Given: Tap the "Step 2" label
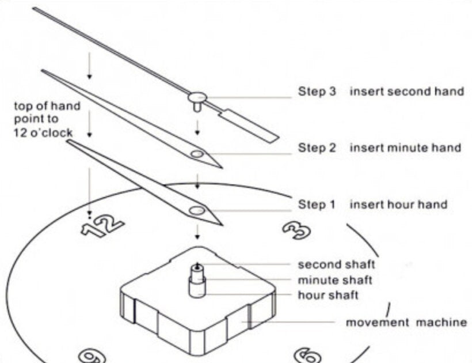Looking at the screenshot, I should pos(316,148).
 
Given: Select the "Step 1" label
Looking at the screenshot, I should pos(316,205).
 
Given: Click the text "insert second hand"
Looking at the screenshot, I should pos(406,91).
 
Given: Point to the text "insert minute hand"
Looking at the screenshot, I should pos(405,148).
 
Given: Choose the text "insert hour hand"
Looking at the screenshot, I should pos(398,205).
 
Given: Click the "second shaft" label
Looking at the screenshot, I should pos(336,264).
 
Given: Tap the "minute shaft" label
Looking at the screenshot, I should pos(334,280).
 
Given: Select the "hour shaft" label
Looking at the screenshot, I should pos(328,295).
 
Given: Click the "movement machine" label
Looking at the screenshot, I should pos(406,322).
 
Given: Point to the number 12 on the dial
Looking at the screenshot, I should pos(102,224).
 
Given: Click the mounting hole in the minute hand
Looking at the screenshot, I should pos(197,154).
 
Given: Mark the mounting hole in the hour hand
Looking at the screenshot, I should pos(197,210).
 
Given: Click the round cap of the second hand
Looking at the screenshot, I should pos(197,97).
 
